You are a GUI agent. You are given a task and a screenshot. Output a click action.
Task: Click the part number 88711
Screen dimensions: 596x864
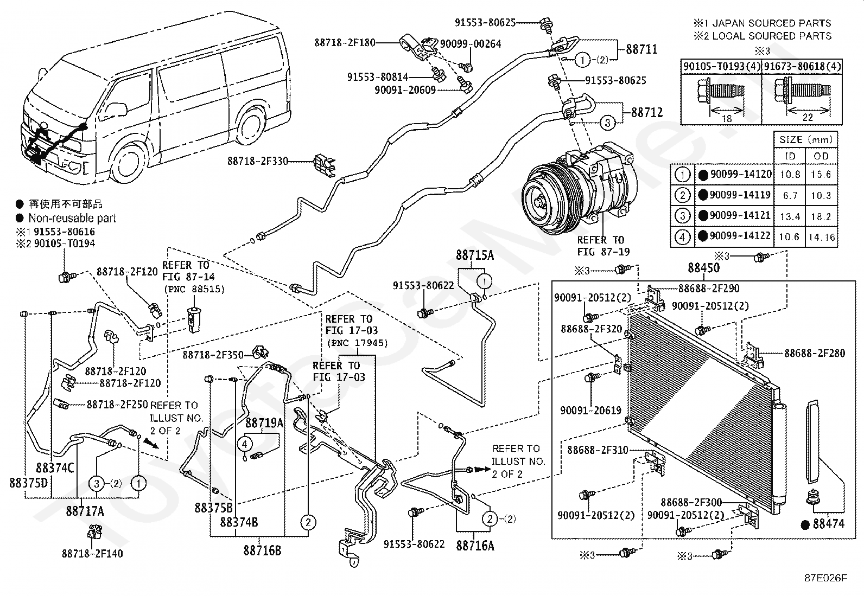pos(641,49)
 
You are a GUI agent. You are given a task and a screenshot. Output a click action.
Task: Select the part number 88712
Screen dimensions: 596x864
pos(646,113)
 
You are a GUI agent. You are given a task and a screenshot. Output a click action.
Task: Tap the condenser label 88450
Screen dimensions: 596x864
pos(703,268)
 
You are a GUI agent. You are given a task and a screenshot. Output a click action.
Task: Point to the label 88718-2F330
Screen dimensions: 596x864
pos(257,161)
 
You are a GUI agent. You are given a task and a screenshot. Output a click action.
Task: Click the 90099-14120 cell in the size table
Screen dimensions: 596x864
pos(740,175)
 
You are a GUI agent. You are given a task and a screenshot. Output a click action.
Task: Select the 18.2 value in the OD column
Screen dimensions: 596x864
pos(821,216)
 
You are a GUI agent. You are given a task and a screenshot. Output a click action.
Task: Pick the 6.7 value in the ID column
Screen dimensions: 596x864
pos(790,196)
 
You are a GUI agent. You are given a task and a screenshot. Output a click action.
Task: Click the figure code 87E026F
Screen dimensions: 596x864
pos(825,578)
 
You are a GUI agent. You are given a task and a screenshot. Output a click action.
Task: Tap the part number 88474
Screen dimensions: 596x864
pos(829,524)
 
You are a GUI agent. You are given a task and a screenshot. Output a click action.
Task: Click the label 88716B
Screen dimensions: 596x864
pos(262,550)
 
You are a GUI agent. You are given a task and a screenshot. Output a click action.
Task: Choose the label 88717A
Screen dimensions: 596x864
pos(85,511)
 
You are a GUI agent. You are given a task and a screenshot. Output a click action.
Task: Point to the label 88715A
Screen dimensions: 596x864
pos(475,255)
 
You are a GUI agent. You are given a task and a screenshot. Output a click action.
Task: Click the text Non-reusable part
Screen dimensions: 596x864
pos(72,218)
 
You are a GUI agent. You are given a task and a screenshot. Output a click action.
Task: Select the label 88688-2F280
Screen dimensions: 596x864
pos(814,353)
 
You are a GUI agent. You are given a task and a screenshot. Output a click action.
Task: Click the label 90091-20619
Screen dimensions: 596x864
pos(590,411)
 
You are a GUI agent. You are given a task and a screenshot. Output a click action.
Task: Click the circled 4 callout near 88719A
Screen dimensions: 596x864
pos(245,444)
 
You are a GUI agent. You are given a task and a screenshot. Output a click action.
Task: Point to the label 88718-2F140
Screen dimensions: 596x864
pos(92,554)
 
